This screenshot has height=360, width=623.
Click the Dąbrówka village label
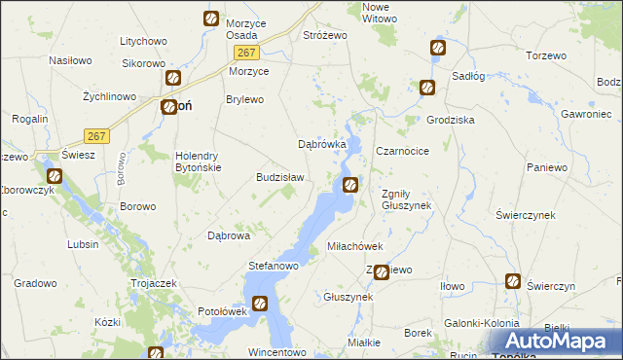(321, 145)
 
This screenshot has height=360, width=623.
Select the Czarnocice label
(402, 152)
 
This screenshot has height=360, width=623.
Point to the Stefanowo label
(273, 265)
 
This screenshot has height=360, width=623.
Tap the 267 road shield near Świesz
(94, 135)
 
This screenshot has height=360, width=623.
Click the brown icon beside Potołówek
(260, 304)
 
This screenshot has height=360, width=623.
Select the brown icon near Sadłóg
(427, 89)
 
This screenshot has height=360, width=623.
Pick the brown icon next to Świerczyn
(513, 282)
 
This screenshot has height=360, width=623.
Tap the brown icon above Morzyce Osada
(211, 18)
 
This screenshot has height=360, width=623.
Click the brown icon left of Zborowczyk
(55, 177)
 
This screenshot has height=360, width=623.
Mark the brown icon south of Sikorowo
(173, 79)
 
